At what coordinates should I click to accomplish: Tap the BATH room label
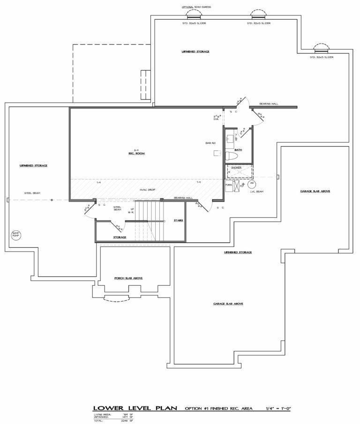238,150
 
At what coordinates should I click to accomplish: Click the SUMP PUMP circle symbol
15,234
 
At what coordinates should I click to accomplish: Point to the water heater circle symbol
253,185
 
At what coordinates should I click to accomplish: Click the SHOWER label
236,167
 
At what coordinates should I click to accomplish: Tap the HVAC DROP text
147,189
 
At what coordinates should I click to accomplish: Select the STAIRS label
178,220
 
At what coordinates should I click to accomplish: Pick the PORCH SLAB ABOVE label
128,278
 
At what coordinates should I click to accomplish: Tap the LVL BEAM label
256,192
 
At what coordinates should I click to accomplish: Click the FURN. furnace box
229,185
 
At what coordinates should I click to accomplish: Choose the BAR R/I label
209,143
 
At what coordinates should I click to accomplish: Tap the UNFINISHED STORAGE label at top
195,51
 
